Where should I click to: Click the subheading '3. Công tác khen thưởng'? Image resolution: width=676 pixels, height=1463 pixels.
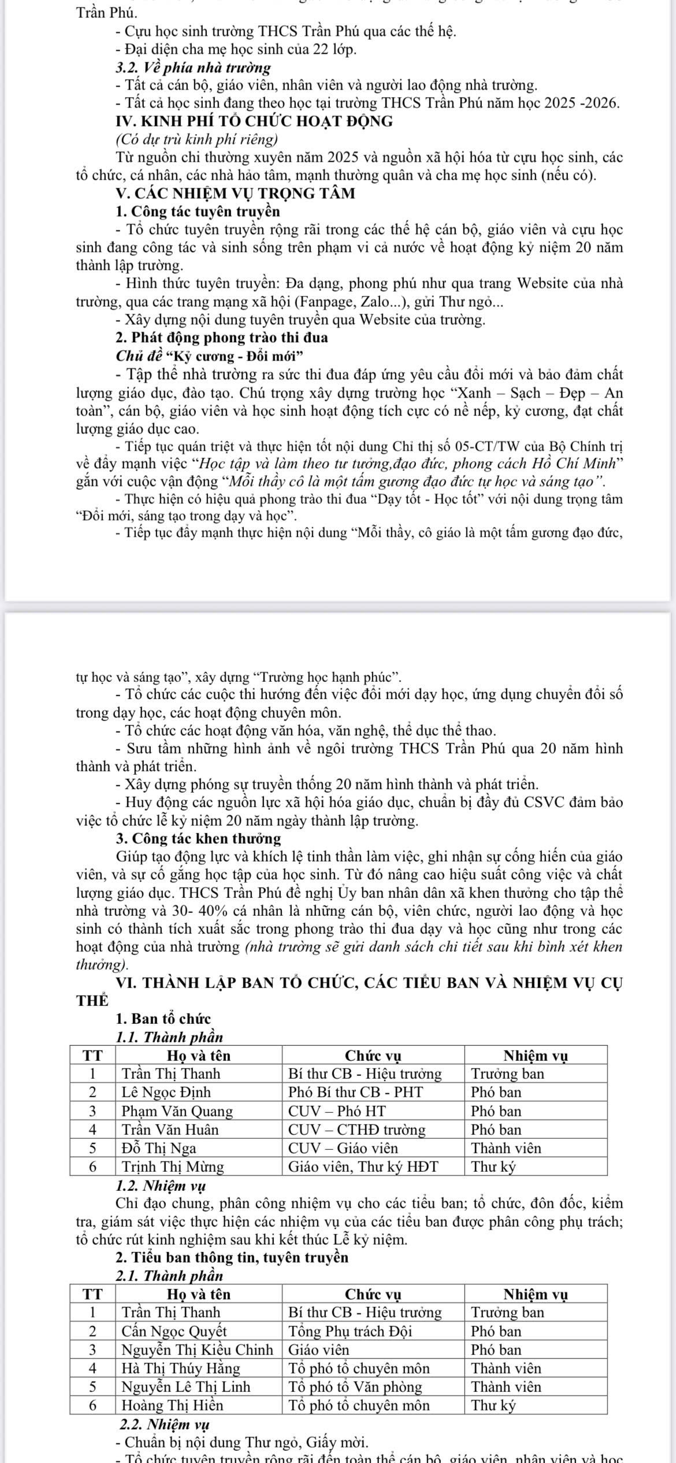click(198, 838)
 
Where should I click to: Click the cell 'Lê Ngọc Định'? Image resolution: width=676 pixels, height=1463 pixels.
click(166, 1093)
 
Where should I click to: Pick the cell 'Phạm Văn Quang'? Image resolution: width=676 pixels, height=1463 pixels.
click(177, 1111)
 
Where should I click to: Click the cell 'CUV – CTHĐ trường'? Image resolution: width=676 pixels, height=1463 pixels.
click(357, 1130)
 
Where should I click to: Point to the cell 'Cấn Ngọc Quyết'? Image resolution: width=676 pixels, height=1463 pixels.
click(174, 1331)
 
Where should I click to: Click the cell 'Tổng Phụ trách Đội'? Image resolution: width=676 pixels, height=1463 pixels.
click(350, 1331)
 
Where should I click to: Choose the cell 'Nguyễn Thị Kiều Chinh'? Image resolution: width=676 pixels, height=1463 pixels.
click(197, 1350)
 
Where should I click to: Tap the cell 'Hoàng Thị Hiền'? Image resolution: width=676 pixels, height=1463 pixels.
click(172, 1405)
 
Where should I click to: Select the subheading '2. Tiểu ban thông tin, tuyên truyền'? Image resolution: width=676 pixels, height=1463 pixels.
click(232, 1257)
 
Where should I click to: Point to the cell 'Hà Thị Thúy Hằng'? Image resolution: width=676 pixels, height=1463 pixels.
click(180, 1368)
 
